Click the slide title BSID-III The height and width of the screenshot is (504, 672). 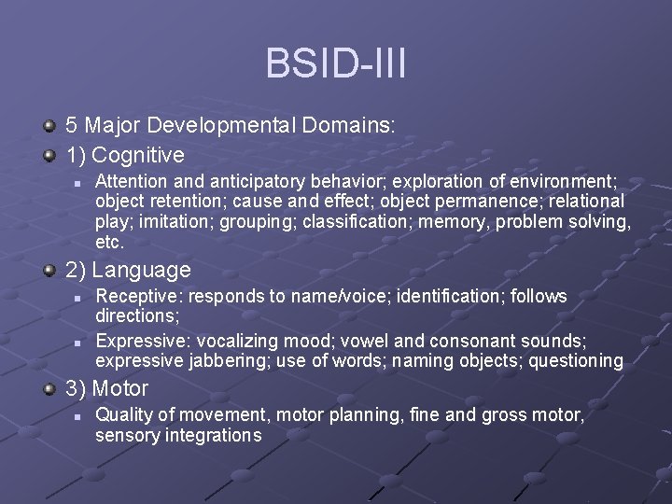(x=335, y=63)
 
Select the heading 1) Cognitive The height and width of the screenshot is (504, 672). (x=125, y=154)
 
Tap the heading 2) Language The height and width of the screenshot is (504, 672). (x=128, y=271)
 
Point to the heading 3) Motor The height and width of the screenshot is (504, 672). (x=107, y=388)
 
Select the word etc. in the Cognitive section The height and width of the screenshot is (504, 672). (x=109, y=243)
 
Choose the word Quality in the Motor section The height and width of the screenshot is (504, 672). (x=124, y=415)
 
